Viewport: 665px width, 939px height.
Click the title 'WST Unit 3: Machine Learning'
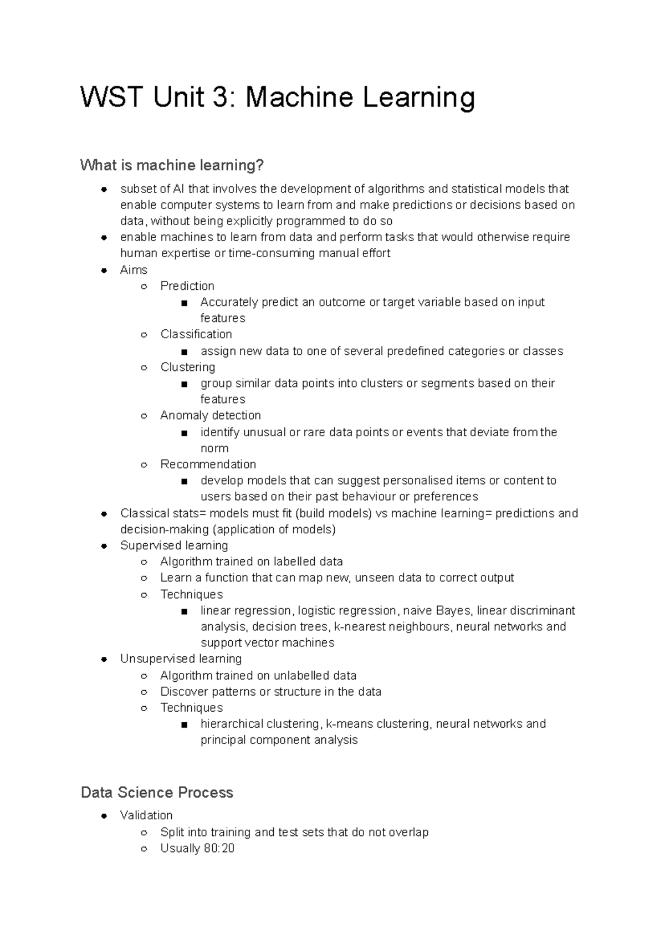278,98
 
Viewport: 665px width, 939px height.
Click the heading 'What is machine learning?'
172,165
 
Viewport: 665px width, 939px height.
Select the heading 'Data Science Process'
157,792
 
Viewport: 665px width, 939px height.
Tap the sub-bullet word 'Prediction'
187,286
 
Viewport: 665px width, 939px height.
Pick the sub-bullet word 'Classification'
196,334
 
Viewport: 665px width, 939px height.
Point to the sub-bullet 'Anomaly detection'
211,415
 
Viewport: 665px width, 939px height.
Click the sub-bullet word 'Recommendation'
208,464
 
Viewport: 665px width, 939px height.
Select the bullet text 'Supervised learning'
174,545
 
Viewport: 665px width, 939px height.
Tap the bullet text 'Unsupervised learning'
181,659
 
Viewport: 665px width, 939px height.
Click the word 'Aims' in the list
134,270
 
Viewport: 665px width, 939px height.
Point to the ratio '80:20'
219,848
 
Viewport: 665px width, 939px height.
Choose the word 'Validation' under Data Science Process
146,815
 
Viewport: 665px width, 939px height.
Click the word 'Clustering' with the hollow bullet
188,367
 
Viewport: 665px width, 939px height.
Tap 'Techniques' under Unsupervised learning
191,707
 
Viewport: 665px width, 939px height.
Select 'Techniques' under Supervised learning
191,594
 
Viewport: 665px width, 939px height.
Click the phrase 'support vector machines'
267,642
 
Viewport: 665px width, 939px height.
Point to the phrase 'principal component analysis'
279,740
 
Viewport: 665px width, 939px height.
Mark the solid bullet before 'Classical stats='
104,514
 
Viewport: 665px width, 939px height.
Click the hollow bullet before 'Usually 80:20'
144,849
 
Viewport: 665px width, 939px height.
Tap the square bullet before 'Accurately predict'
184,303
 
